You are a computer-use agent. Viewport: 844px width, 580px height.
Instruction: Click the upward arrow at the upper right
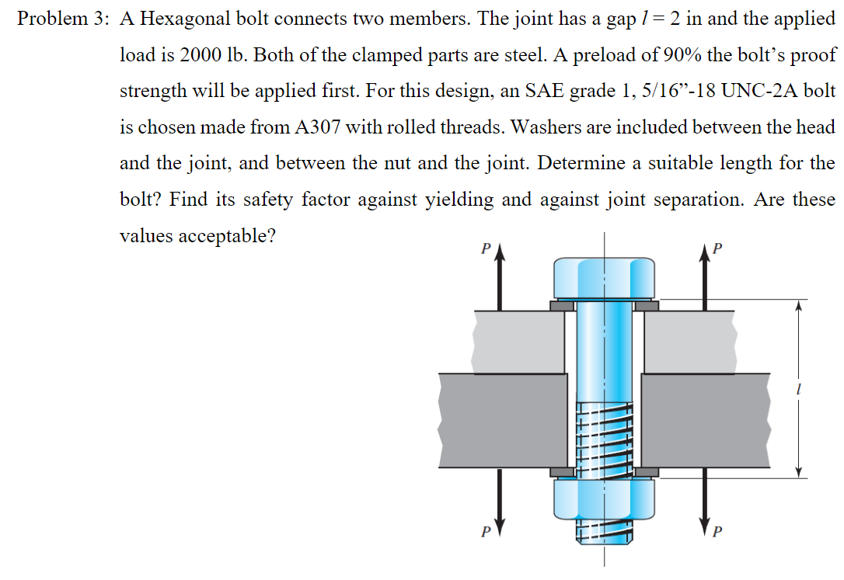pyautogui.click(x=706, y=280)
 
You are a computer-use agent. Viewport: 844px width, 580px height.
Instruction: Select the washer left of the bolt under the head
pyautogui.click(x=562, y=306)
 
